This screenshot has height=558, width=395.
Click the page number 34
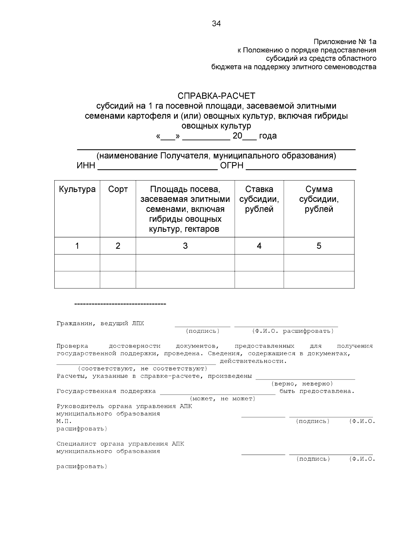(216, 24)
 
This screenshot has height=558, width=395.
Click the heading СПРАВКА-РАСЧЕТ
(216, 96)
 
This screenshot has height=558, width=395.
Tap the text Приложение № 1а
(345, 42)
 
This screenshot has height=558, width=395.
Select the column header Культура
(77, 189)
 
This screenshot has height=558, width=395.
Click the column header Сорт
(118, 189)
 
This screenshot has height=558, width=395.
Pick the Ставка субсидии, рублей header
(259, 199)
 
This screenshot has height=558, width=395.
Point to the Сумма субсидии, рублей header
(319, 199)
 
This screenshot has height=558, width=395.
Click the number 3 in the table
(185, 246)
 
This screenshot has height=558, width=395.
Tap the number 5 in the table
(319, 246)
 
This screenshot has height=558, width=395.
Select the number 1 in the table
(77, 246)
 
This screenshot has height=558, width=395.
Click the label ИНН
(86, 166)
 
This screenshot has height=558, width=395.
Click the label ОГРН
(232, 166)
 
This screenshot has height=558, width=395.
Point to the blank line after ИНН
(158, 168)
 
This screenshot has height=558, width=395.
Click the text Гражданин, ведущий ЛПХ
(100, 324)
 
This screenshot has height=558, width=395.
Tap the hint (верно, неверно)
(302, 384)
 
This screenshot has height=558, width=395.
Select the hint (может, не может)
(223, 399)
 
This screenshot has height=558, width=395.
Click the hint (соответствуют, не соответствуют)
(142, 369)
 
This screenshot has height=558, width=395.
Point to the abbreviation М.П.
(64, 421)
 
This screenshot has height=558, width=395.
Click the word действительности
(253, 361)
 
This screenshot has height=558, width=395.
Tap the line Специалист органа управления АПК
(120, 444)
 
